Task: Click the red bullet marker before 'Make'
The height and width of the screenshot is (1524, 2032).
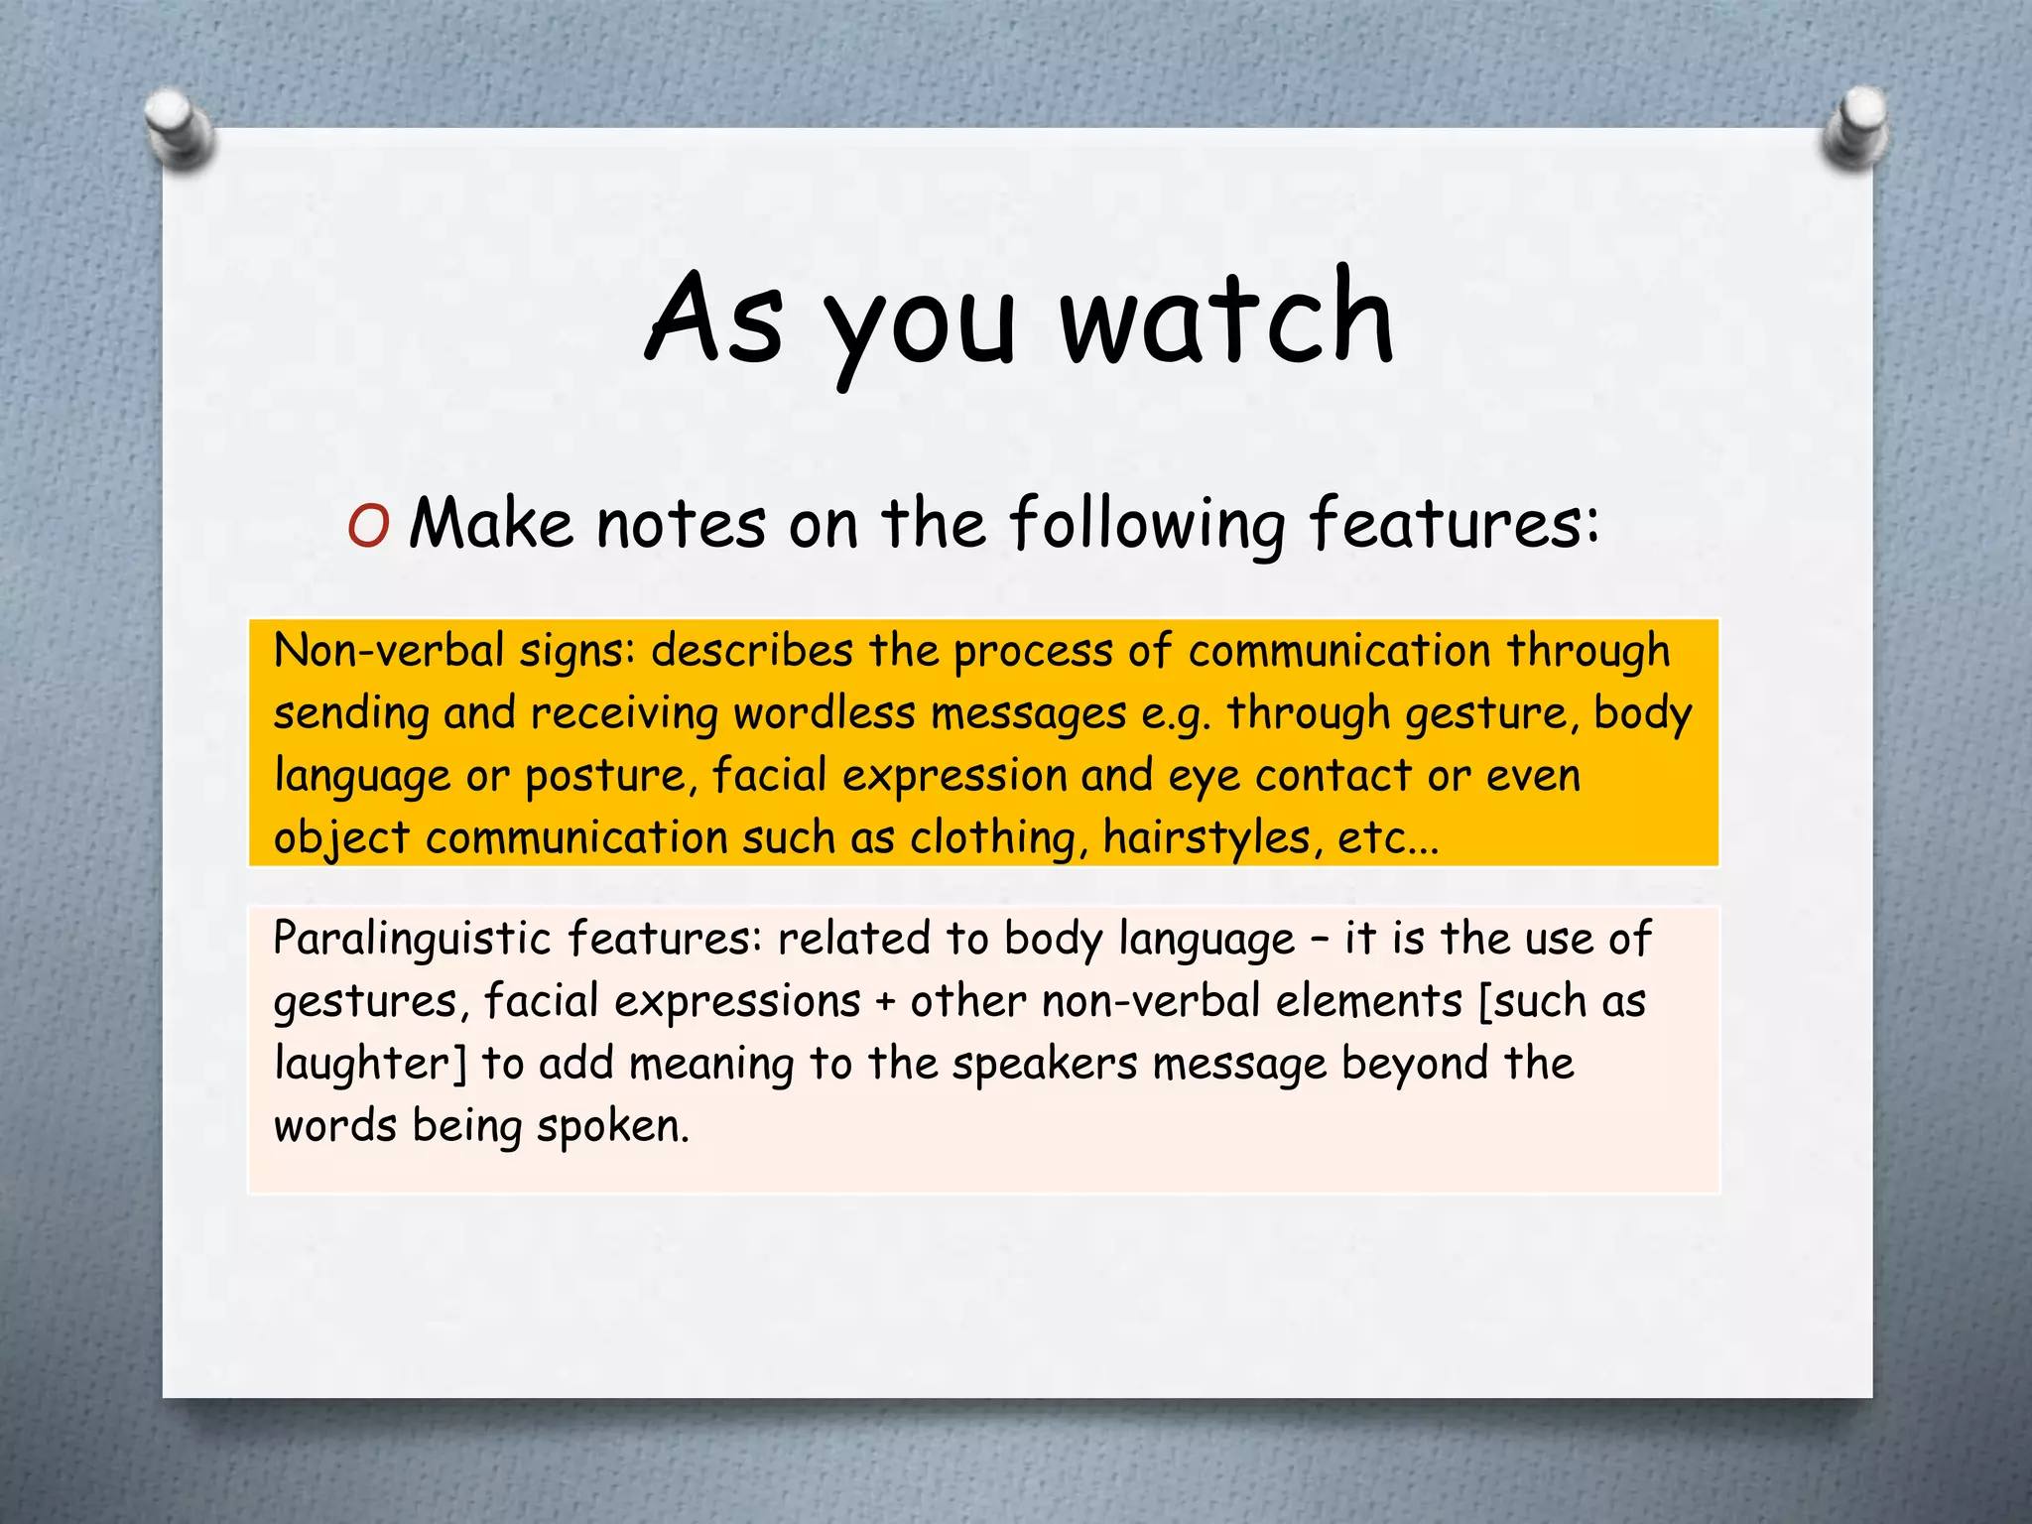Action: click(x=368, y=527)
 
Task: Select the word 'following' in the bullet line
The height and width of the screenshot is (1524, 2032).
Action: click(x=1148, y=523)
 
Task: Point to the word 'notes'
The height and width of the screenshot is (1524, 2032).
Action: click(x=681, y=523)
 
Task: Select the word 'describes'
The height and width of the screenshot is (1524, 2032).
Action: click(x=752, y=651)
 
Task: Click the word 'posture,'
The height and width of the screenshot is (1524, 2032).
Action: click(x=606, y=776)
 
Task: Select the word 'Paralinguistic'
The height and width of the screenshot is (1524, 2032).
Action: click(x=411, y=939)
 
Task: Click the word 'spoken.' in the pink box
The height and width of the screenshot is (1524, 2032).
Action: click(x=612, y=1126)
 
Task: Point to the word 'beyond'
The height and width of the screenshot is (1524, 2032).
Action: click(x=1414, y=1064)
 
